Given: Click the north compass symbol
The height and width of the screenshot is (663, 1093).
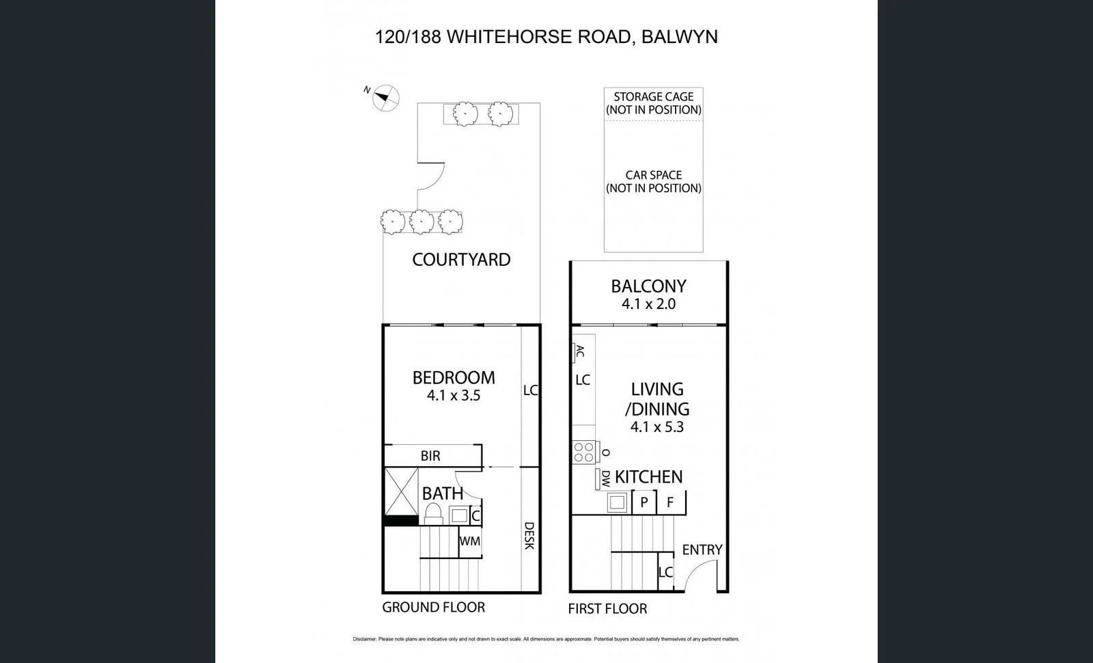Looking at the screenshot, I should click(385, 98).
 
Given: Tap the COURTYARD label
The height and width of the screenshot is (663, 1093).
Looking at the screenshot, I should click(461, 260).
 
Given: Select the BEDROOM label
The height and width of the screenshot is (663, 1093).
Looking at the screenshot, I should click(454, 377).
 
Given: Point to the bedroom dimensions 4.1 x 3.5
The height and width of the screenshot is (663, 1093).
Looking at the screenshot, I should click(454, 395).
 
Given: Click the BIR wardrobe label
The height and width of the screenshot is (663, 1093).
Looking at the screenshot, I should click(430, 456).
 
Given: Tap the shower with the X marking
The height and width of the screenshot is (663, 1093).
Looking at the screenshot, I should click(401, 491).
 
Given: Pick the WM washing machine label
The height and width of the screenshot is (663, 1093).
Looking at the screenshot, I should click(469, 541).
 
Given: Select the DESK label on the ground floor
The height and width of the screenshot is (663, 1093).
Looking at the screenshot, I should click(529, 536).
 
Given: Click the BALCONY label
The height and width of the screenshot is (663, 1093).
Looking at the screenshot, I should click(648, 286).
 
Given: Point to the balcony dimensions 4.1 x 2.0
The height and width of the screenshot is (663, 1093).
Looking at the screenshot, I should click(648, 304).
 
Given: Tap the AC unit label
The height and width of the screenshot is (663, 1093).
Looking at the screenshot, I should click(579, 352).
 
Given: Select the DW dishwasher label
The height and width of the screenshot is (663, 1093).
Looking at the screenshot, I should click(605, 478).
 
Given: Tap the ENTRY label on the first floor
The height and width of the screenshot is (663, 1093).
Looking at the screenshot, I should click(702, 550).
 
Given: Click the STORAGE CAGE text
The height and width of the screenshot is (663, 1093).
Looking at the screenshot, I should click(653, 97).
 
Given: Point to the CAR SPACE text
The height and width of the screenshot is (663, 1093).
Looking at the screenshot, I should click(653, 175).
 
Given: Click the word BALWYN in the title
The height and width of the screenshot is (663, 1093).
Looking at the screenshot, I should click(680, 37).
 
